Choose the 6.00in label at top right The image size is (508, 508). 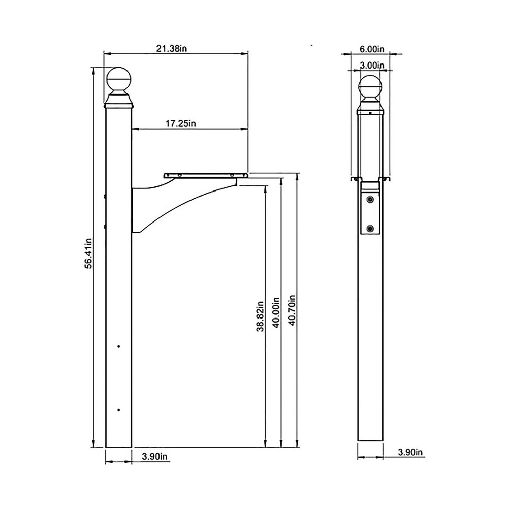pyautogui.click(x=372, y=49)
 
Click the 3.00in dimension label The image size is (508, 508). pyautogui.click(x=371, y=65)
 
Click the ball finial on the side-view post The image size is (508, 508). pyautogui.click(x=119, y=80)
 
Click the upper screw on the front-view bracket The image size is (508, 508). pyautogui.click(x=371, y=199)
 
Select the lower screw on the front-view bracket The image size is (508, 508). pyautogui.click(x=371, y=228)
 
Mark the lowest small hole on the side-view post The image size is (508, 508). pyautogui.click(x=119, y=409)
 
